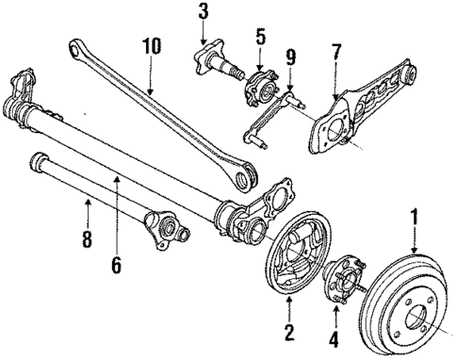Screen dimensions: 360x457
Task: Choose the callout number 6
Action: pyautogui.click(x=117, y=267)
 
